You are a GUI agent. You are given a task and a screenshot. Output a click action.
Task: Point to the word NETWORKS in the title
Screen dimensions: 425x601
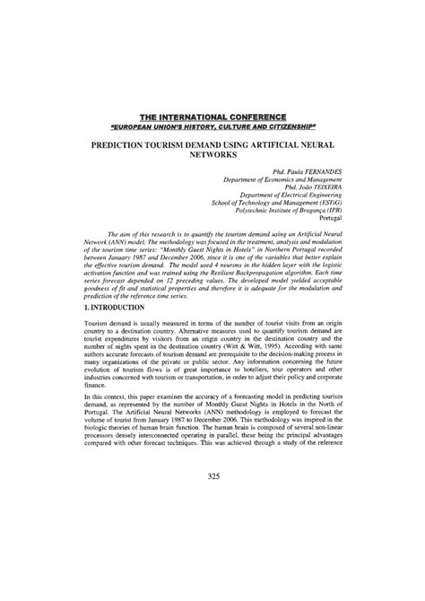[212, 154]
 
